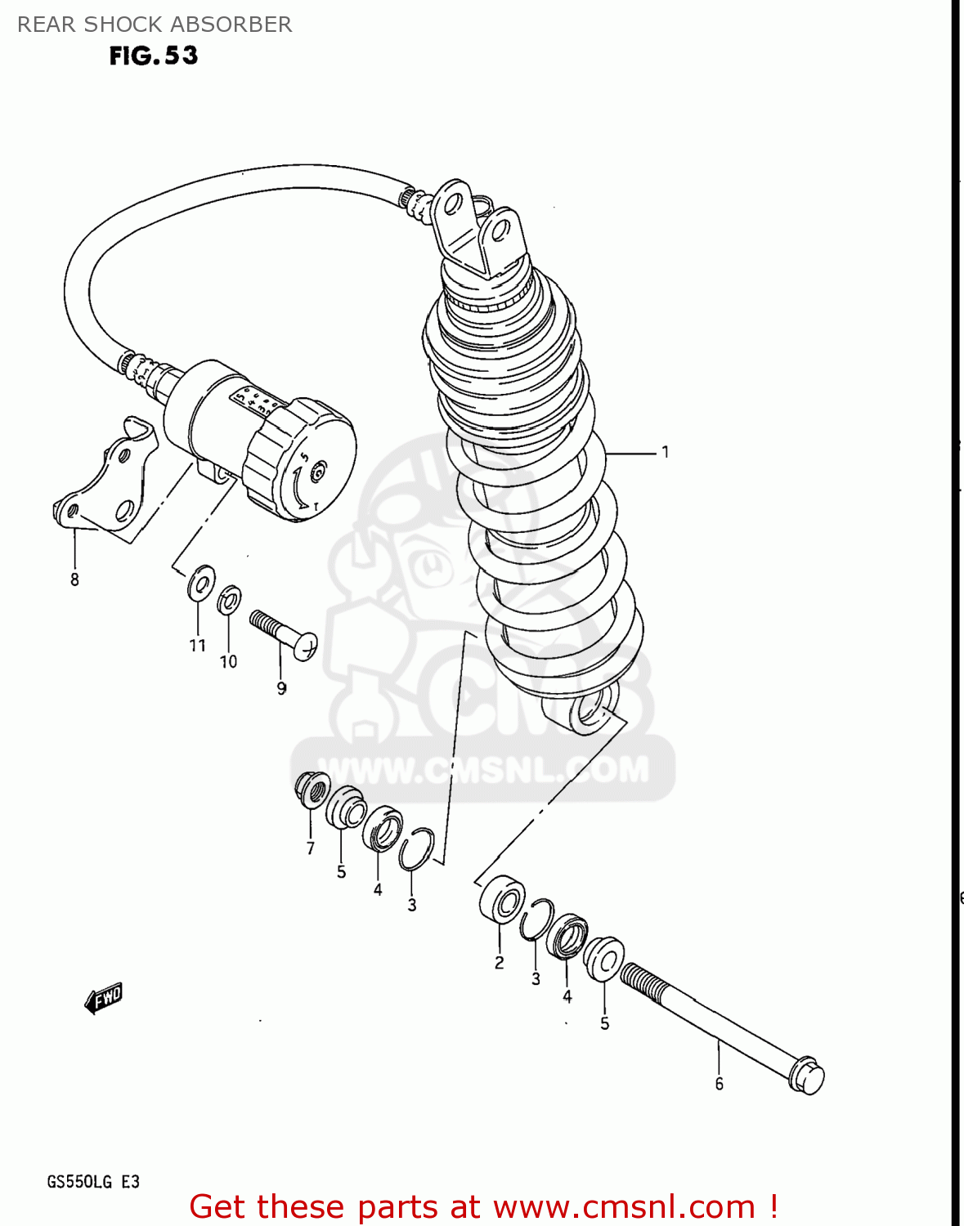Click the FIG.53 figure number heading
pos(154,56)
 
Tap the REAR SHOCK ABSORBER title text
pos(155,25)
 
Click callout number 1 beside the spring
pos(666,452)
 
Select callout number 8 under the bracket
pos(74,580)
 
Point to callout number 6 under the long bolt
pos(719,1084)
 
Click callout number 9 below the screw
pos(281,688)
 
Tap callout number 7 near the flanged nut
pos(311,848)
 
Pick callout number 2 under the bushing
pos(499,963)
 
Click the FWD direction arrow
pos(104,998)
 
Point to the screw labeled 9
pos(283,633)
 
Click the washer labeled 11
pos(200,582)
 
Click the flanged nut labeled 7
pos(312,789)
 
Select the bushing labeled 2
pos(502,899)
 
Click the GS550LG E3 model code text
pos(93,1182)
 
